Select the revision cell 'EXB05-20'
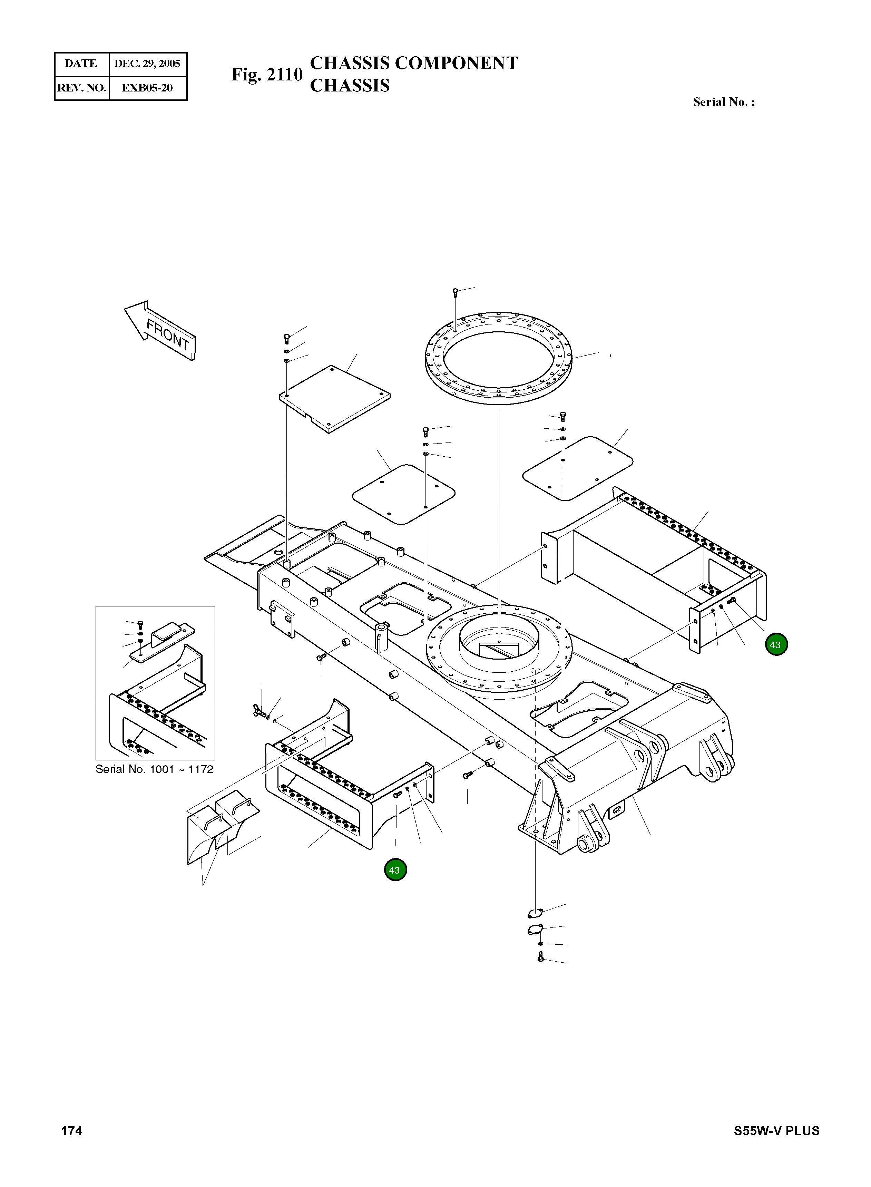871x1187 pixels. [x=147, y=88]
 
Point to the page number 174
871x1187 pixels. [x=72, y=1131]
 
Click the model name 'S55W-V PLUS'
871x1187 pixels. [x=776, y=1131]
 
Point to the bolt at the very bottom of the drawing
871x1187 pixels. [x=540, y=957]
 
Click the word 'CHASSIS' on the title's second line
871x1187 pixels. [x=350, y=85]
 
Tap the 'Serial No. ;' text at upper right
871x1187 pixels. [x=723, y=102]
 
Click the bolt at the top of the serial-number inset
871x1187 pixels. [x=140, y=624]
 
